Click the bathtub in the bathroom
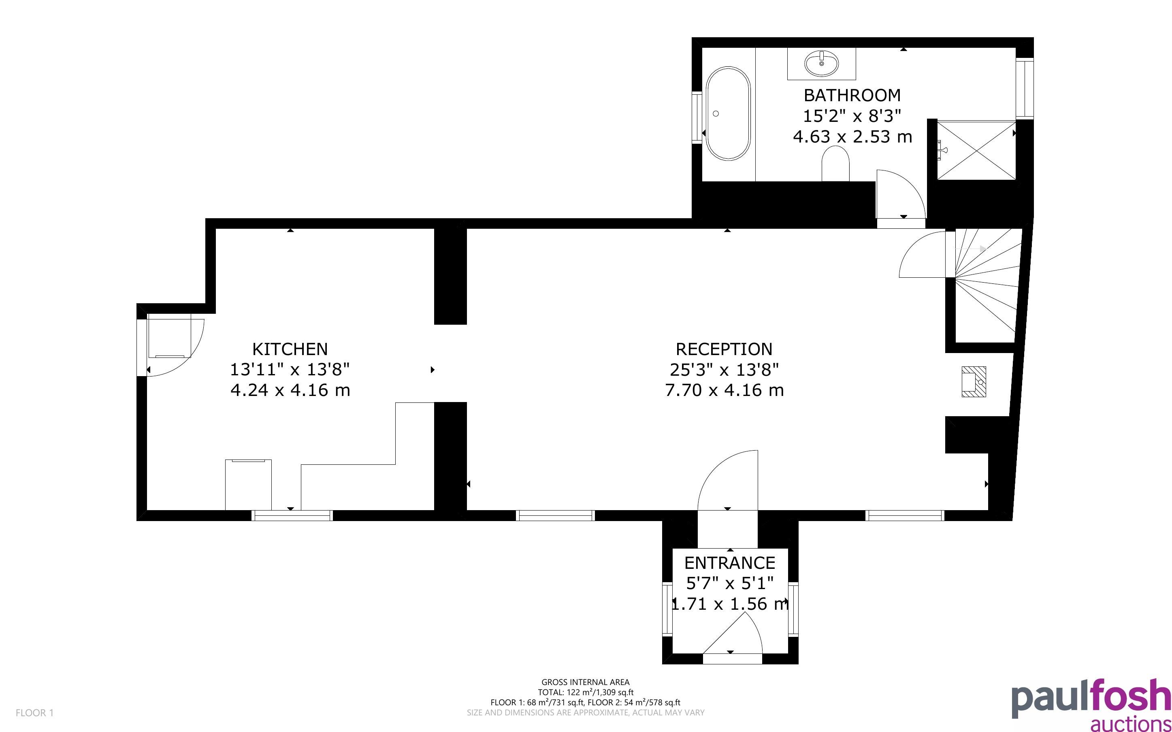(x=728, y=113)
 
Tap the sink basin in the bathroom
(x=822, y=63)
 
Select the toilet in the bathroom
(x=835, y=164)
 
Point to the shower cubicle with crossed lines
(x=976, y=150)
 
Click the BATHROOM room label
(x=852, y=96)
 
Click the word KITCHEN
(x=290, y=349)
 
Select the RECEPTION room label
(x=724, y=349)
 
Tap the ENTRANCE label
(x=729, y=563)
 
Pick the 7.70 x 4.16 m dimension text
(x=724, y=390)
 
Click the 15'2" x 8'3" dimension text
(x=852, y=116)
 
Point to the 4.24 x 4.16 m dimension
(x=290, y=390)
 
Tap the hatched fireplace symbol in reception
(x=974, y=381)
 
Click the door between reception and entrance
(x=728, y=480)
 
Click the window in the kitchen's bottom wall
(x=292, y=515)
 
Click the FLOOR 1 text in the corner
(x=34, y=713)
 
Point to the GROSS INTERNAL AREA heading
(x=585, y=683)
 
